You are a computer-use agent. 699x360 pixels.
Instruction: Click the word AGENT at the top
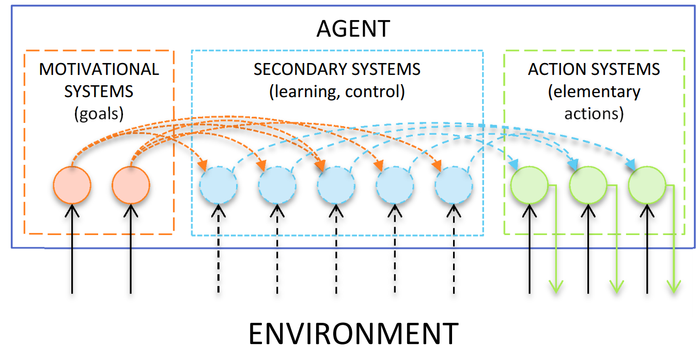[x=353, y=29]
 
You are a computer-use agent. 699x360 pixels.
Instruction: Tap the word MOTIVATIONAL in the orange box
[x=99, y=69]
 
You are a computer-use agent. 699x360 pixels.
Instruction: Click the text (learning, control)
[x=337, y=91]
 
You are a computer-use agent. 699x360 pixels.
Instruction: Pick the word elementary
[x=594, y=91]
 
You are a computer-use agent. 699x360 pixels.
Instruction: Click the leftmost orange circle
[x=72, y=185]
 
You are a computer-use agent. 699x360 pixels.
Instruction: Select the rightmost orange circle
[x=131, y=185]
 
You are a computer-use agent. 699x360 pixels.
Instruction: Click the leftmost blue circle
[x=219, y=186]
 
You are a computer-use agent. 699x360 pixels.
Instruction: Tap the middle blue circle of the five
[x=336, y=186]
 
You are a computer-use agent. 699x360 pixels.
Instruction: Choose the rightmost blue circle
[x=454, y=186]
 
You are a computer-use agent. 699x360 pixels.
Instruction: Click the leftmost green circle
[x=529, y=185]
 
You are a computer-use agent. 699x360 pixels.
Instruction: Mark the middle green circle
[x=588, y=185]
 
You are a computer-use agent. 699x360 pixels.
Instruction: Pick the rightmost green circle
[x=647, y=185]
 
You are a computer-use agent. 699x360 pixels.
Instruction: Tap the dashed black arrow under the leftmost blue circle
[x=219, y=253]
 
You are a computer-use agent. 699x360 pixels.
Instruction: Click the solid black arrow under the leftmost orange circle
[x=72, y=253]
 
